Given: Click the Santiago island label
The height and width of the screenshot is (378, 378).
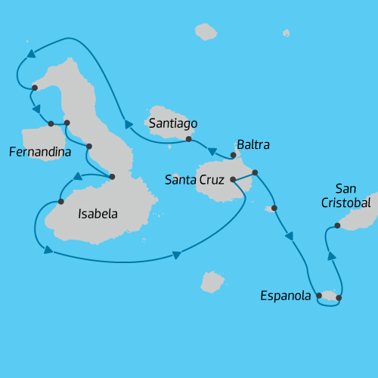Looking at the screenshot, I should pyautogui.click(x=174, y=122).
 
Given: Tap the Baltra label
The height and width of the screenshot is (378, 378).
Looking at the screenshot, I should pyautogui.click(x=253, y=144).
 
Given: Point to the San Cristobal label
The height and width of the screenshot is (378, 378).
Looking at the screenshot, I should pyautogui.click(x=345, y=196).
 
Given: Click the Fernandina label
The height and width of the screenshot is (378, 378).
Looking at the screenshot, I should pyautogui.click(x=39, y=152).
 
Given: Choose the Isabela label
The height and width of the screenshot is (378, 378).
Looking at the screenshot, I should pyautogui.click(x=98, y=214).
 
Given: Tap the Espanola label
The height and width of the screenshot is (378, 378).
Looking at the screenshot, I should pyautogui.click(x=285, y=296).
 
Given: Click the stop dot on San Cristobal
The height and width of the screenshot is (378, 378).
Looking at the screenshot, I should pyautogui.click(x=338, y=226).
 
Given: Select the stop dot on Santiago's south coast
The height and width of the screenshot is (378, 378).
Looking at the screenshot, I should pyautogui.click(x=188, y=139).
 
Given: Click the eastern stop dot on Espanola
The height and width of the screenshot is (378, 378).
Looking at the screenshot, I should pyautogui.click(x=338, y=298).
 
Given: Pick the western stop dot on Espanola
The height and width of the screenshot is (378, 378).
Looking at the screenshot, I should pyautogui.click(x=319, y=296).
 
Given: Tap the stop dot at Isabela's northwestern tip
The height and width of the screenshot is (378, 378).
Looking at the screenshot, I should pyautogui.click(x=35, y=88).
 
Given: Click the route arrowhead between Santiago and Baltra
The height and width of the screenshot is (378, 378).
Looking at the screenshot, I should pyautogui.click(x=213, y=151).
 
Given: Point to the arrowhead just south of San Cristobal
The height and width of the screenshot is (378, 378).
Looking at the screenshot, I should pyautogui.click(x=330, y=256).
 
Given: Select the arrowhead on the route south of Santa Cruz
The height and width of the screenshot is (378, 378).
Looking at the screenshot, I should pyautogui.click(x=176, y=256).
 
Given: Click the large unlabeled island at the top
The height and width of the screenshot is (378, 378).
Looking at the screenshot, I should pyautogui.click(x=206, y=32).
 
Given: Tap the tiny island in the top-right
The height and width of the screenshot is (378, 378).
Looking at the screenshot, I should pyautogui.click(x=286, y=33).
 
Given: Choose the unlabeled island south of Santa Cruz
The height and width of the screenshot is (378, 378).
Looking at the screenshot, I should pyautogui.click(x=212, y=282).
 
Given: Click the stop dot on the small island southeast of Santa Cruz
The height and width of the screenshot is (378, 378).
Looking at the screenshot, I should pyautogui.click(x=274, y=208).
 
